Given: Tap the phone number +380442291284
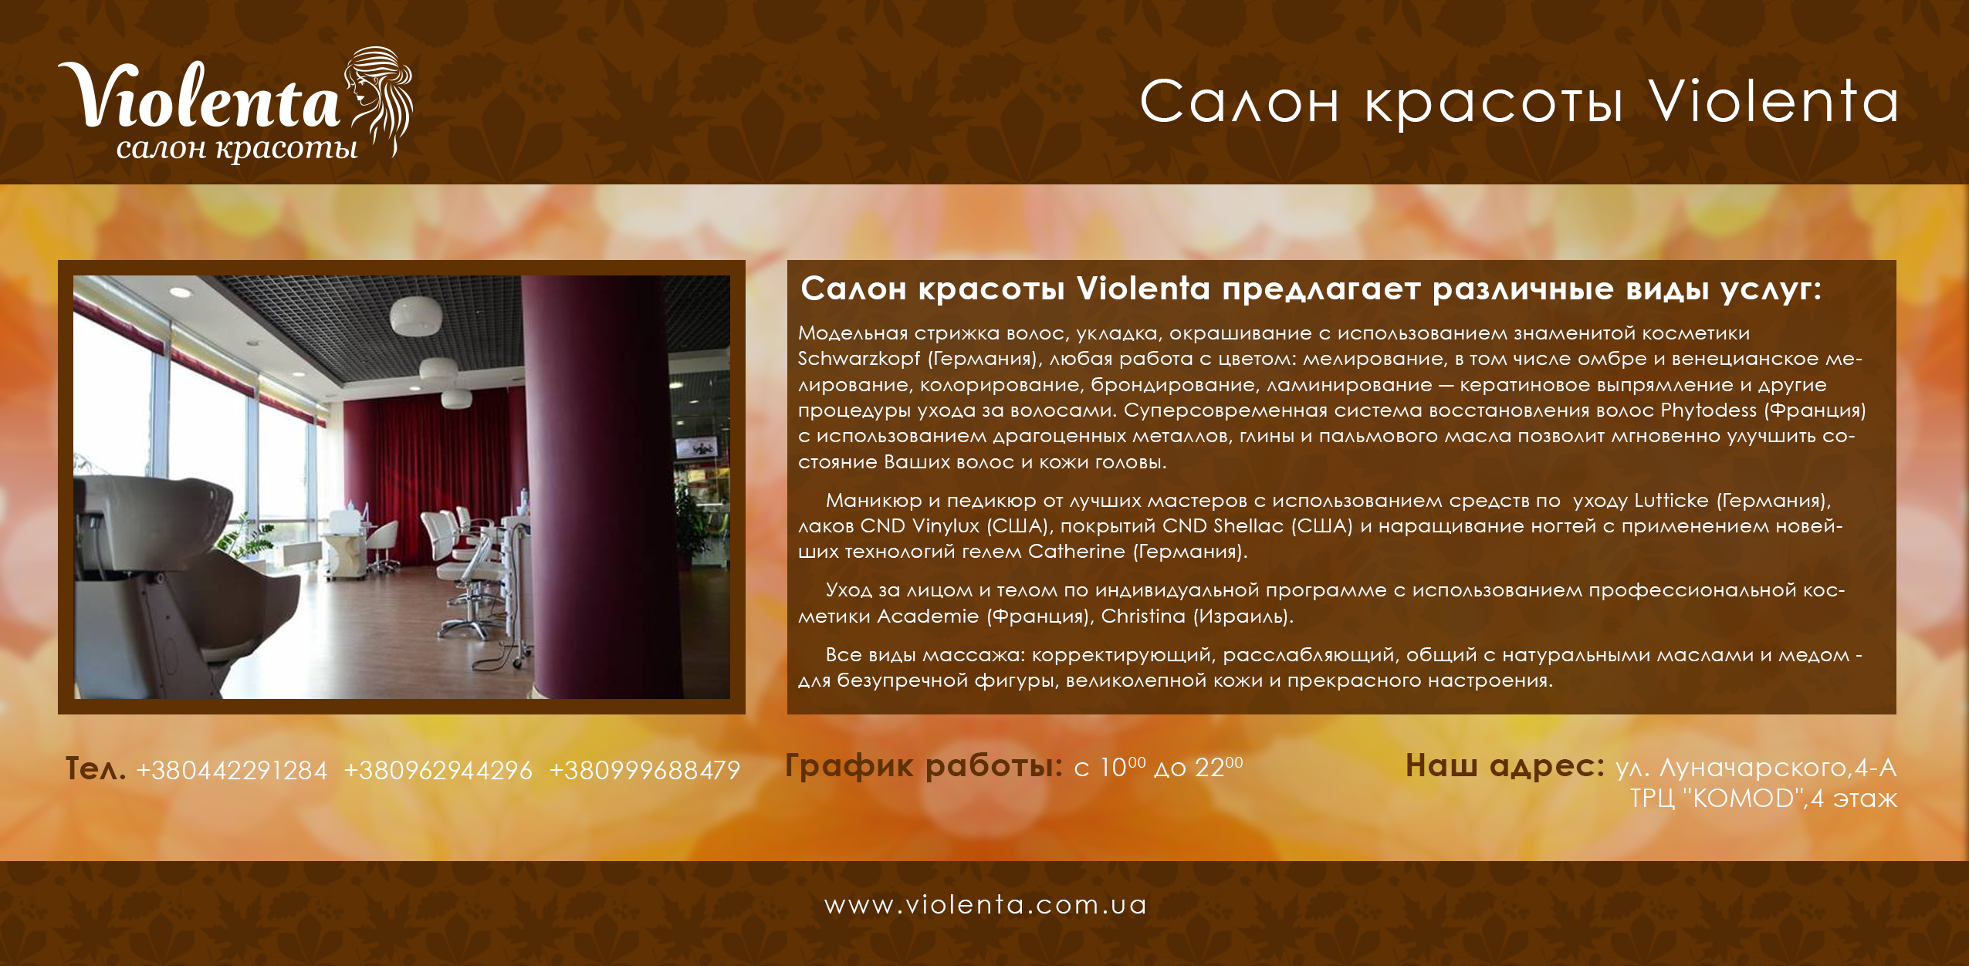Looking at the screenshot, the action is click(232, 770).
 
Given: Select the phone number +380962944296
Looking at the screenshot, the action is click(438, 770).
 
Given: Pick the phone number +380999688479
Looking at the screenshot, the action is click(644, 770).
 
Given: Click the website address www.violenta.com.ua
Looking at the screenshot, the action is click(986, 904).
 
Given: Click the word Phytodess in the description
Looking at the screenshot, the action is click(1708, 410).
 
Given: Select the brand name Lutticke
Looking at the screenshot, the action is click(1671, 501).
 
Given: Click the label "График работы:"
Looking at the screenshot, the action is click(924, 766).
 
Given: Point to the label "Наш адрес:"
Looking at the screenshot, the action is click(1505, 766).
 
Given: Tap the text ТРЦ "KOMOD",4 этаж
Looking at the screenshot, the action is click(1763, 798).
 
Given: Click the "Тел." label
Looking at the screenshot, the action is click(96, 769).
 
